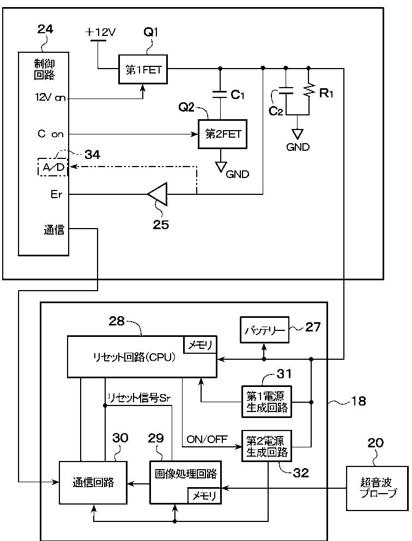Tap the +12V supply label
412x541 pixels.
[100, 33]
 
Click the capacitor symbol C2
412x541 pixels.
[286, 91]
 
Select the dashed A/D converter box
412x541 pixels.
[53, 167]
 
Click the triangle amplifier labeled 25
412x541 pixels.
[157, 194]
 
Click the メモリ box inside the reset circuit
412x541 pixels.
[201, 345]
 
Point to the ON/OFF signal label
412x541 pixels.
[207, 439]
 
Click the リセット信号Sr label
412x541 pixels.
[139, 398]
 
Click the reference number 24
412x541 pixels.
[45, 29]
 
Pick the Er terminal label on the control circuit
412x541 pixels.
[56, 194]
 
